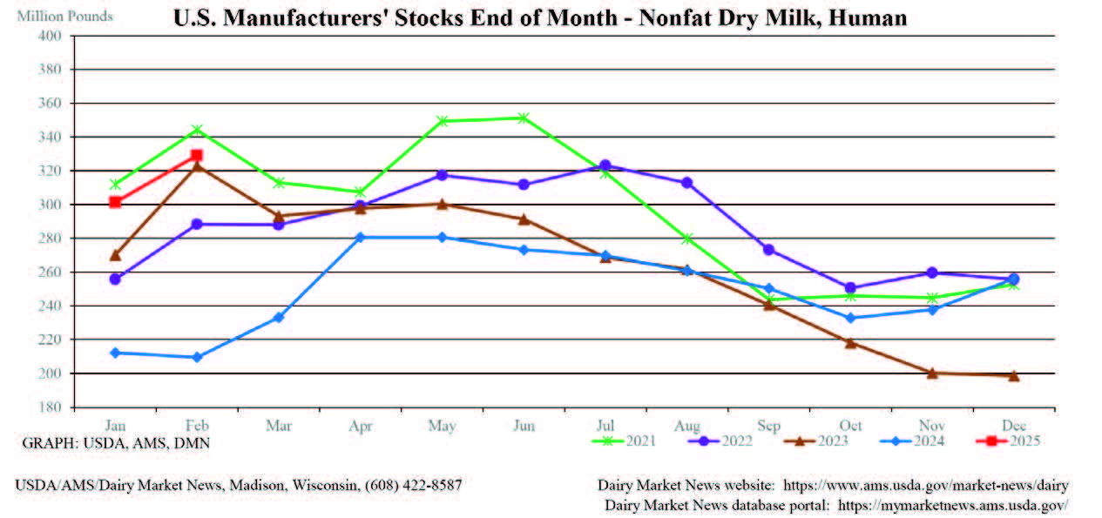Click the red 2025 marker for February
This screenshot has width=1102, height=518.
197,156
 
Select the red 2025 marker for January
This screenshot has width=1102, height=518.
115,202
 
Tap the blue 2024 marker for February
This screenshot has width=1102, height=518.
197,357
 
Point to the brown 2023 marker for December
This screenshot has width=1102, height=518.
1014,376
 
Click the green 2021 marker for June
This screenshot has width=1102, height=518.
524,118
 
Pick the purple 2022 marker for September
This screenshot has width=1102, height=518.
768,250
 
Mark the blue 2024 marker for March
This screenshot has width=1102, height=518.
279,318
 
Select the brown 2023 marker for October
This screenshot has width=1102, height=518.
850,343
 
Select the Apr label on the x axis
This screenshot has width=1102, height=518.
360,426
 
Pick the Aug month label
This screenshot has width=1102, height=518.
686,426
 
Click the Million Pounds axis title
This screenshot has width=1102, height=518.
64,17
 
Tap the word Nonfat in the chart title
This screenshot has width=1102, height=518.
670,17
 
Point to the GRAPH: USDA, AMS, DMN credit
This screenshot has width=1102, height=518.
116,443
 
